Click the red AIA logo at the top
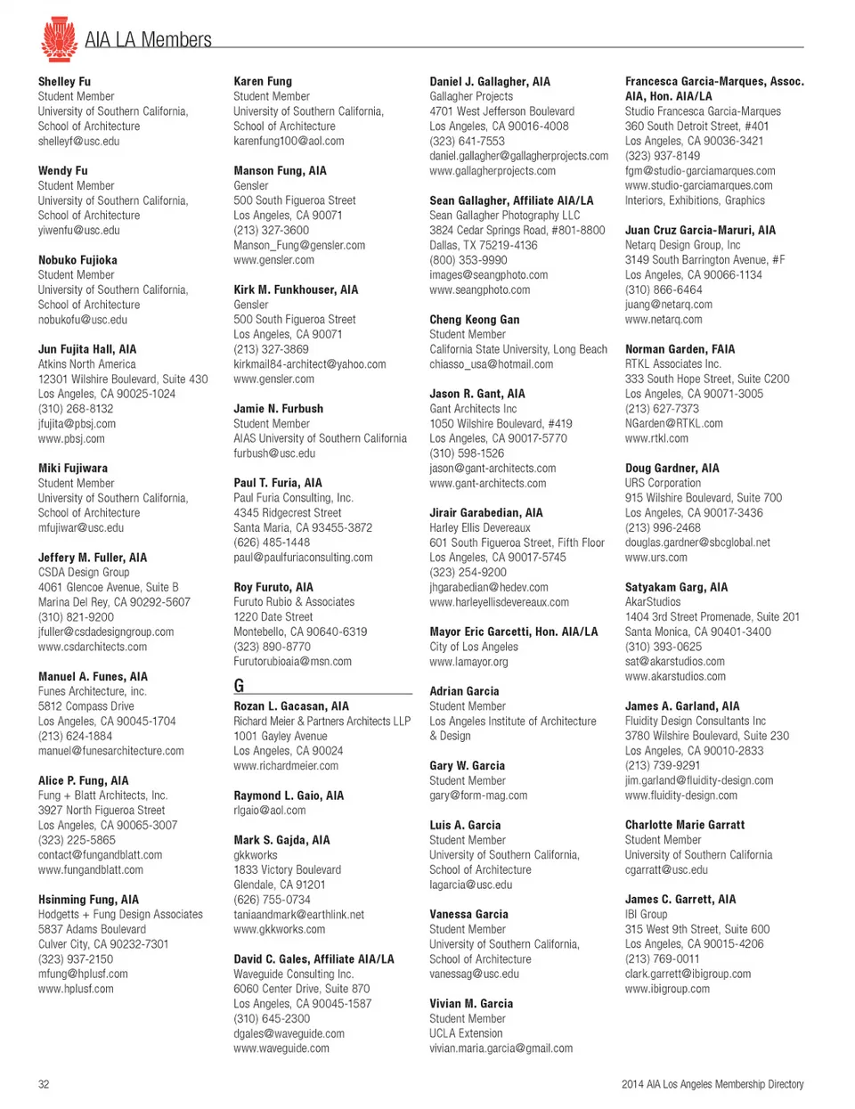pos(59,39)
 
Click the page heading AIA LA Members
pos(148,40)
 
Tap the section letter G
pos(239,685)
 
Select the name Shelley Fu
pos(64,81)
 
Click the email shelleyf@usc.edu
pos(78,141)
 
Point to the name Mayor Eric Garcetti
pos(513,632)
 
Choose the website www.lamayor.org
pos(468,662)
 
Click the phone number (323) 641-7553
pos(467,141)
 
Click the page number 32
pos(44,1084)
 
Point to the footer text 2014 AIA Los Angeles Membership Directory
pos(712,1084)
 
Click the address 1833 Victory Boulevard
pos(287,869)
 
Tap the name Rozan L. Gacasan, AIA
pos(291,705)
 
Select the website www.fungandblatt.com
pos(90,869)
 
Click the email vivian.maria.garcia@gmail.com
pos(501,1048)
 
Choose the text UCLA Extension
pos(466,1033)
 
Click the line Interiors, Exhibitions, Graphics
pos(695,200)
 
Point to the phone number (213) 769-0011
pos(662,958)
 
